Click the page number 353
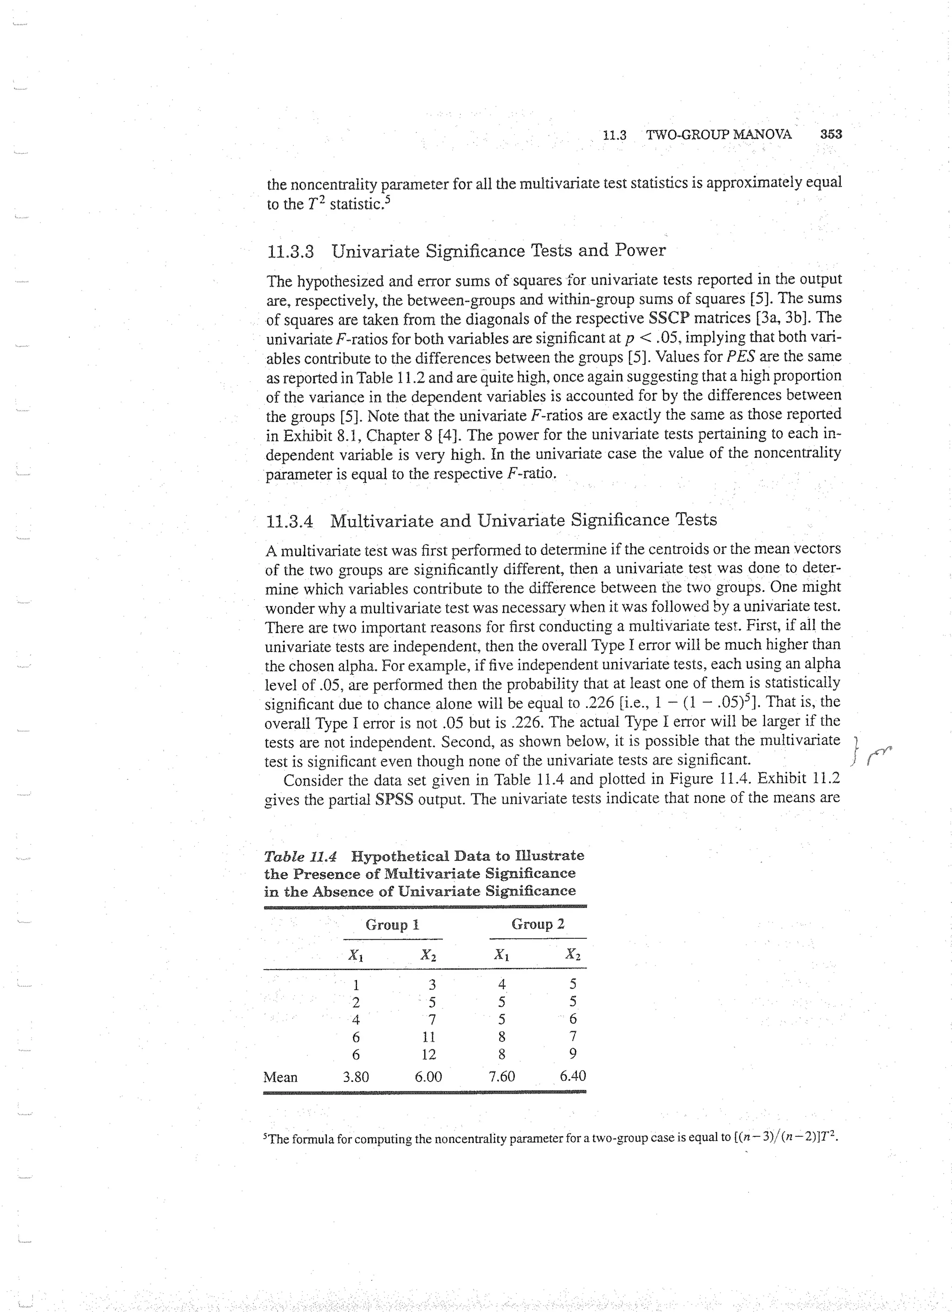831,134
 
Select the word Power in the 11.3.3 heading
640,250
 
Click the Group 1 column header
392,924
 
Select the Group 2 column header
538,924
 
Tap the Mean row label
280,1077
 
